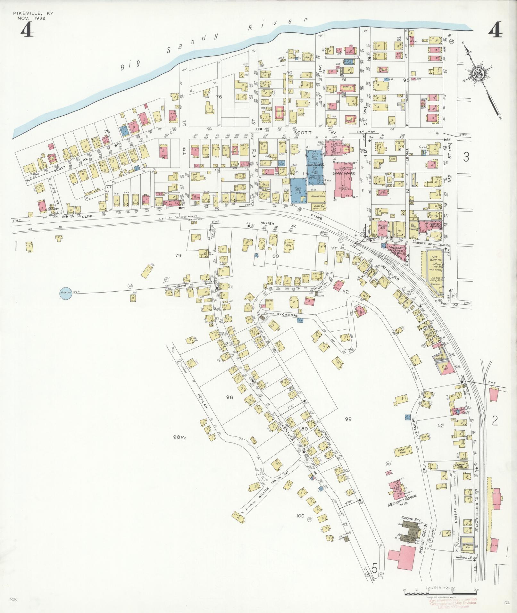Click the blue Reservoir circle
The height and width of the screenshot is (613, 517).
[x=66, y=293]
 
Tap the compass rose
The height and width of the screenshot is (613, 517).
[x=477, y=74]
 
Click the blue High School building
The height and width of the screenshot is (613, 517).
[x=314, y=165]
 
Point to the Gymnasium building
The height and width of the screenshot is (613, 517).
[x=316, y=196]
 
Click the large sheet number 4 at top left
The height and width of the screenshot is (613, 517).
[x=28, y=31]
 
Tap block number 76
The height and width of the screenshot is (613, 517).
[x=219, y=97]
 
